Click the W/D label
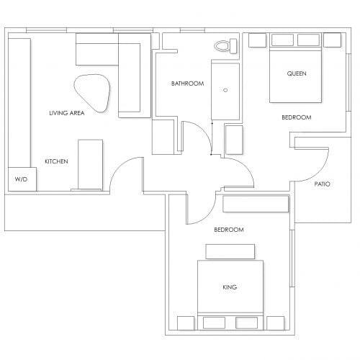coord(21,179)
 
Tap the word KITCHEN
coord(56,161)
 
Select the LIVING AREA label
coord(67,113)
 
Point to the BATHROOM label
coord(187,84)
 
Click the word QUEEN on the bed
coord(297,73)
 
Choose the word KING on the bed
coord(230,287)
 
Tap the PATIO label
coord(323,184)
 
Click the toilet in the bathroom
coord(225,46)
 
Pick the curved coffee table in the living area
coord(92,93)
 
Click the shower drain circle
coord(225,90)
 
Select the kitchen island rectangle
coord(91,165)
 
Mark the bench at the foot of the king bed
coord(230,251)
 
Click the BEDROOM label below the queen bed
coord(297,117)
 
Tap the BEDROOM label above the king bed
coord(229,230)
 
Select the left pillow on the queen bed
coord(282,40)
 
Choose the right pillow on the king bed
coord(246,323)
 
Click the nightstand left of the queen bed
coord(257,40)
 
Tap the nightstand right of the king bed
coord(276,323)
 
